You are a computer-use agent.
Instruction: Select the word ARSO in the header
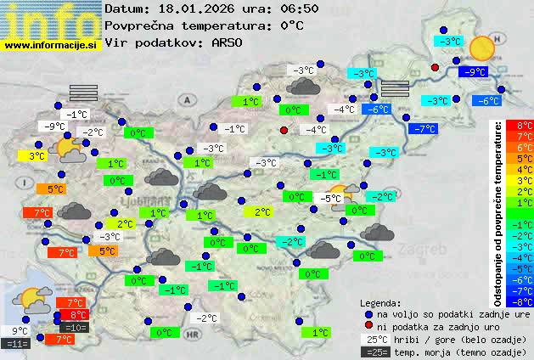(x=232, y=42)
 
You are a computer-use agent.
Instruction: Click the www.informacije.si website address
(x=51, y=46)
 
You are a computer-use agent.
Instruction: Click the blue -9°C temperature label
(x=472, y=73)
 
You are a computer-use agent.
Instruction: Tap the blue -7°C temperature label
(x=422, y=129)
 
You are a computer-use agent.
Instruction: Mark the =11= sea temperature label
(x=15, y=344)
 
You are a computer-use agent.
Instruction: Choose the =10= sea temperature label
(x=74, y=327)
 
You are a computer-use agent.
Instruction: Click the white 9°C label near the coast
(x=20, y=331)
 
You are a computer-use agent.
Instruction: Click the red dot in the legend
(x=368, y=326)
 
